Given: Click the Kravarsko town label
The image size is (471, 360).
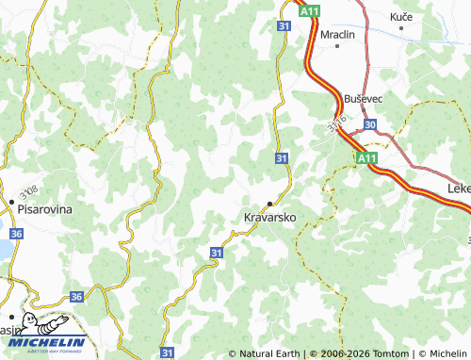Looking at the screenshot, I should point(270,218).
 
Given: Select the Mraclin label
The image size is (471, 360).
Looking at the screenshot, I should point(337,34).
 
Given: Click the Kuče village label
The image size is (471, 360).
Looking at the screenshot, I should point(401,17).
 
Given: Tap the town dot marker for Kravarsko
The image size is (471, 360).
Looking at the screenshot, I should point(270,204).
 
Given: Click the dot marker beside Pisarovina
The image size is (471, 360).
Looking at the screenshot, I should point(11,201).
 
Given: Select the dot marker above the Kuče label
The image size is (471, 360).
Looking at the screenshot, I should point(401,29).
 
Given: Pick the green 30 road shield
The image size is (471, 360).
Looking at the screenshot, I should point(369,124).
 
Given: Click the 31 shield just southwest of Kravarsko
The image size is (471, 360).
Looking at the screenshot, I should point(217,253).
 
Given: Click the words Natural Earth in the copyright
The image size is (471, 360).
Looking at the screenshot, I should point(269,353).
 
